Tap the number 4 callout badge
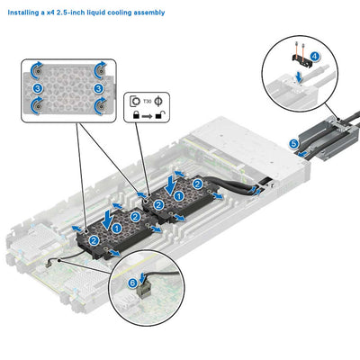(x=314, y=56)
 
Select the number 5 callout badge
(x=292, y=143)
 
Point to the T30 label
(x=151, y=100)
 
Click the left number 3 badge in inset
(x=37, y=88)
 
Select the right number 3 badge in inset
(x=96, y=88)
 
